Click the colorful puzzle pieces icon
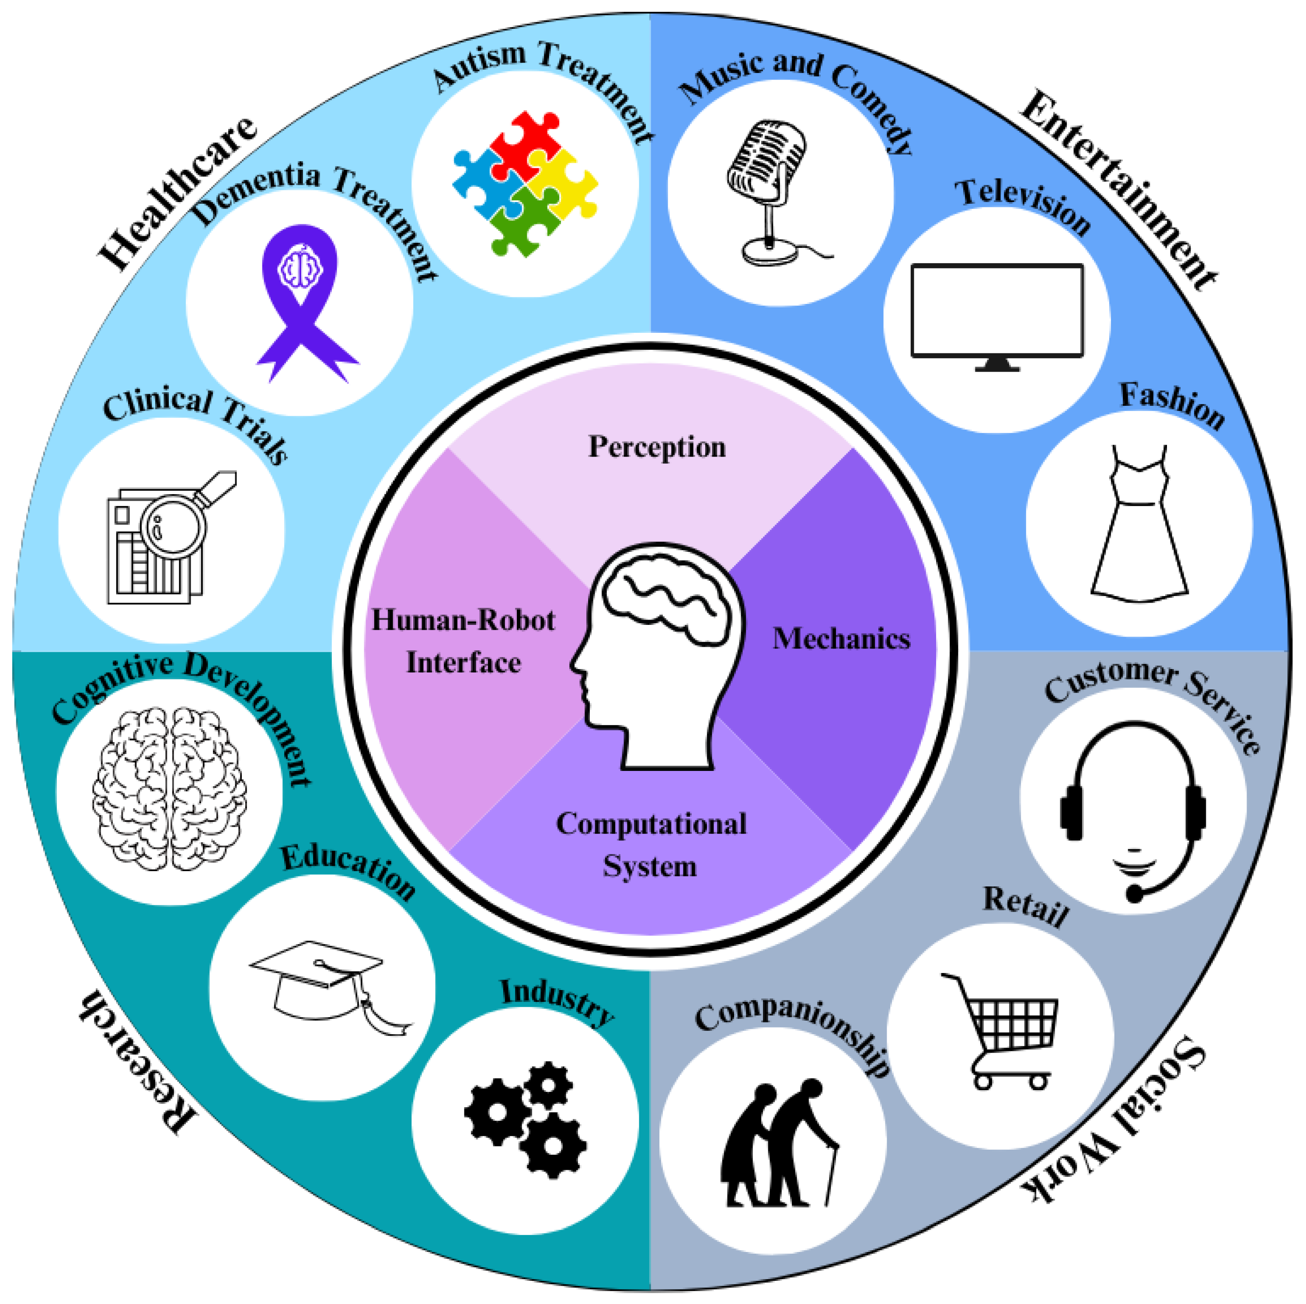525,184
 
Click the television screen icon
996,314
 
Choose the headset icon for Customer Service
1133,808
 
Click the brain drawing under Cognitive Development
169,788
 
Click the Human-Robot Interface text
463,641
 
